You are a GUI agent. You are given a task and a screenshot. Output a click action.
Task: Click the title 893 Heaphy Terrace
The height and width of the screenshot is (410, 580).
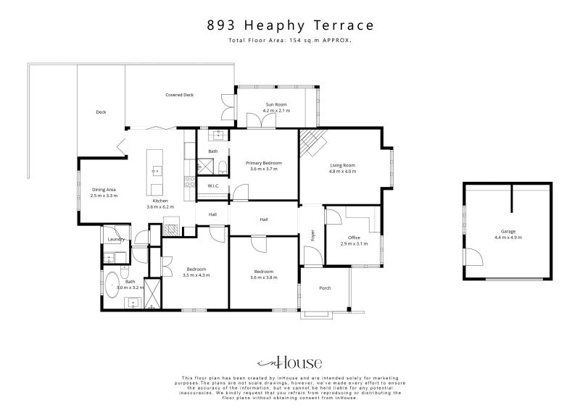(291, 25)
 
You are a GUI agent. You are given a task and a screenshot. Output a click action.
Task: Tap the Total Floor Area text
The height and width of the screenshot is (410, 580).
(290, 41)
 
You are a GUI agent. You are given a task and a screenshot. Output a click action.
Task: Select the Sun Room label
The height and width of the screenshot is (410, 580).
(276, 104)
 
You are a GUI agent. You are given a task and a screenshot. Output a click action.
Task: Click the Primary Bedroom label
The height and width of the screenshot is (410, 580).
(264, 163)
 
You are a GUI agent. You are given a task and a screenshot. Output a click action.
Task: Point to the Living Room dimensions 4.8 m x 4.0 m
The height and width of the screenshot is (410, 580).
(342, 172)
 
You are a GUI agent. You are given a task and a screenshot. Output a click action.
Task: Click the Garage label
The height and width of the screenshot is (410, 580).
(508, 232)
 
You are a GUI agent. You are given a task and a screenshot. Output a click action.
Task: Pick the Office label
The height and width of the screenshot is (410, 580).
(354, 238)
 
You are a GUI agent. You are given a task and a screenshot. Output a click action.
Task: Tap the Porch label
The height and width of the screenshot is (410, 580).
(325, 288)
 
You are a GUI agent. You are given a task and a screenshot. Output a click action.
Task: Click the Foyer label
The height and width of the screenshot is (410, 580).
(312, 235)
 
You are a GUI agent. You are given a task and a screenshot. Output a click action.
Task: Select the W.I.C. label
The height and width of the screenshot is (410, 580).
(213, 186)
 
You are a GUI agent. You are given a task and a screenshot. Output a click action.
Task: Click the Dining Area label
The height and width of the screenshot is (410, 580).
(104, 190)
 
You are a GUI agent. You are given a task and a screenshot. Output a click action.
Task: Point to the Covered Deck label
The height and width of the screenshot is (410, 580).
(179, 95)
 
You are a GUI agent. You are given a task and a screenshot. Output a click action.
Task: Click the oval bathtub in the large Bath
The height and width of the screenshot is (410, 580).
(112, 285)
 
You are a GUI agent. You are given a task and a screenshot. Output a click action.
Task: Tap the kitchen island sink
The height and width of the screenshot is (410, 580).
(157, 171)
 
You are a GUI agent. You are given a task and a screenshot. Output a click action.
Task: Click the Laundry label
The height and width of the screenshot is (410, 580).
(116, 240)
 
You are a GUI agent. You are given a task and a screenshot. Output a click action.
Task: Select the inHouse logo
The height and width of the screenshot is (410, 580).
(289, 363)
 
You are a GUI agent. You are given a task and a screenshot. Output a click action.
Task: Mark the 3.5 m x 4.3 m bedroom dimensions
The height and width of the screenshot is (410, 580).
(196, 275)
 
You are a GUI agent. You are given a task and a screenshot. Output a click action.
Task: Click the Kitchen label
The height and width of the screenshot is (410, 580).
(160, 201)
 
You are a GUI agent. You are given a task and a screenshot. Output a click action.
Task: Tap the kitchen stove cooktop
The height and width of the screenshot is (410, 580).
(190, 182)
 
